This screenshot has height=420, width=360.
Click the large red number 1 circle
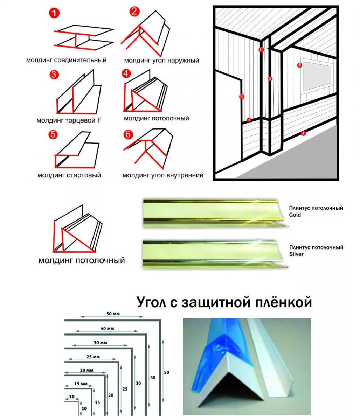click(x=54, y=14)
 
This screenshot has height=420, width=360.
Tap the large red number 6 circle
click(x=129, y=134)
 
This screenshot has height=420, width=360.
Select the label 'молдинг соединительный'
click(x=66, y=60)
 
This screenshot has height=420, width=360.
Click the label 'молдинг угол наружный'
click(x=161, y=61)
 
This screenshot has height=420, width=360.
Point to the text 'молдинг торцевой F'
click(x=69, y=121)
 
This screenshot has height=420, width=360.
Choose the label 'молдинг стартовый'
click(x=69, y=175)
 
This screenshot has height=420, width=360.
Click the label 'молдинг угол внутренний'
click(x=163, y=175)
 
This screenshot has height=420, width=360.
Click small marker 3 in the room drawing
click(x=241, y=97)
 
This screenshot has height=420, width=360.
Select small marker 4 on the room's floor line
click(x=303, y=133)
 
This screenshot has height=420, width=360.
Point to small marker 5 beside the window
click(x=299, y=65)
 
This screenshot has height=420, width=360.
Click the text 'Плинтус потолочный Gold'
click(x=316, y=211)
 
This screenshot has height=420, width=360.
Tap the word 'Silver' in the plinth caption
click(x=296, y=254)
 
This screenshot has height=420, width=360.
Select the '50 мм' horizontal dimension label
click(x=113, y=314)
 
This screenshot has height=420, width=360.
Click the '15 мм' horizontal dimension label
click(x=81, y=384)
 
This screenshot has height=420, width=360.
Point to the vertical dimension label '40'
click(x=152, y=378)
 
